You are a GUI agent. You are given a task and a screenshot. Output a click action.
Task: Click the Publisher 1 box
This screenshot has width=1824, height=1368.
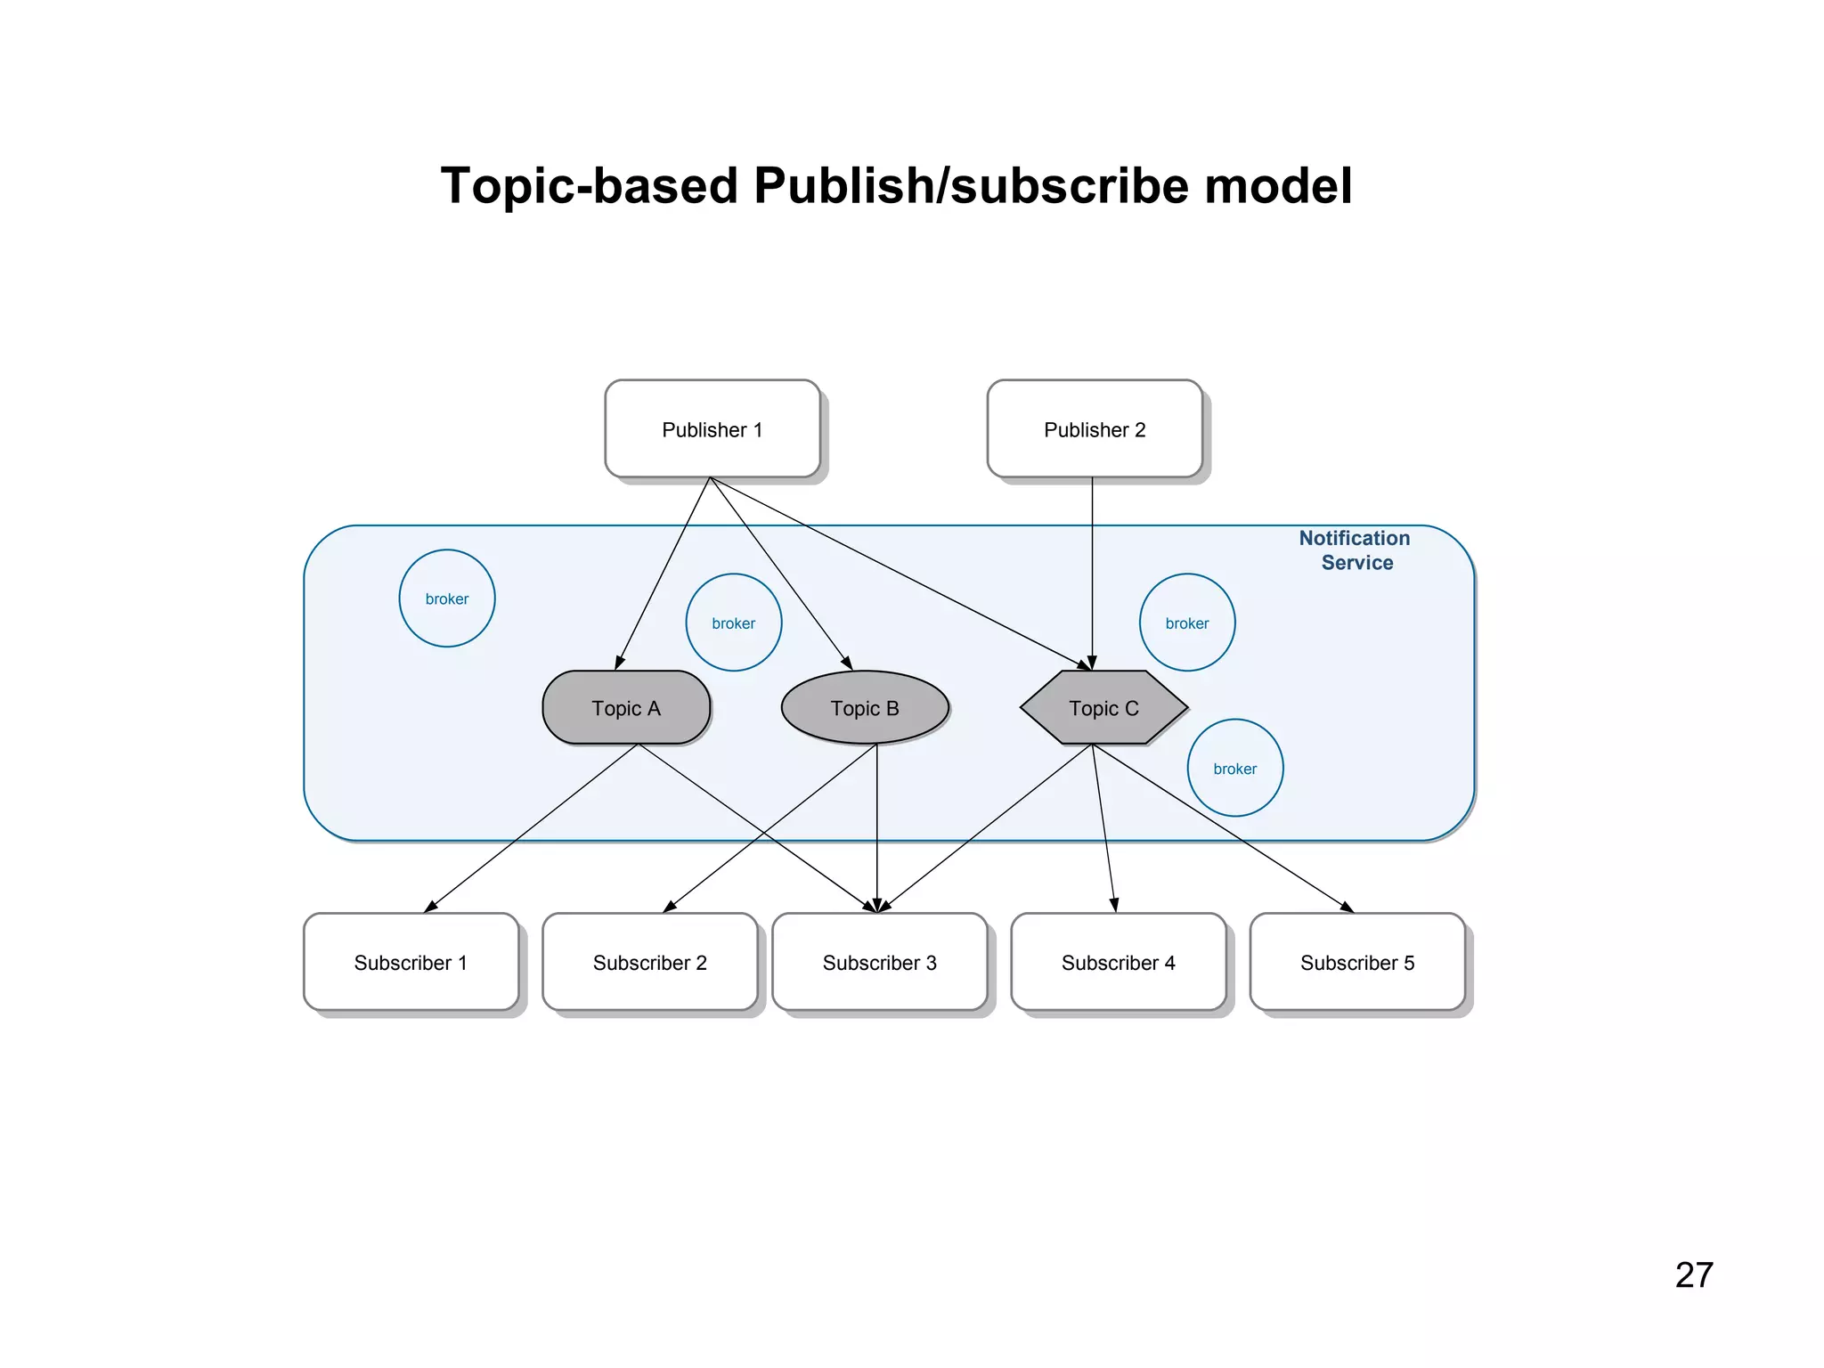[x=712, y=429]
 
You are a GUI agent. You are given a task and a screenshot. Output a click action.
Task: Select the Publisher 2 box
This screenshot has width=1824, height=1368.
[x=1095, y=429]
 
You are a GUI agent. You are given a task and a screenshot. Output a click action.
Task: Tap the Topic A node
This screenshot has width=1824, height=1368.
[x=626, y=708]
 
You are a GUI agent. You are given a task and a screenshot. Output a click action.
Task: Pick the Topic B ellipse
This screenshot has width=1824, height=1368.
[x=865, y=708]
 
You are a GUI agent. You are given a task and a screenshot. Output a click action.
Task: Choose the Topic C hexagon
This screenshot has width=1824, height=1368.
[x=1103, y=708]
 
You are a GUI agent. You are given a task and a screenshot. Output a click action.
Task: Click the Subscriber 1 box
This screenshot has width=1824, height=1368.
[x=411, y=962]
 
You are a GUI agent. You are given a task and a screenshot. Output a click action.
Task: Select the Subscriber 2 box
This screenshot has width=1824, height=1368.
[x=649, y=962]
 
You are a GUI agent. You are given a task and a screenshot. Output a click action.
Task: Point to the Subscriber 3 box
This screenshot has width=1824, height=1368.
[x=879, y=962]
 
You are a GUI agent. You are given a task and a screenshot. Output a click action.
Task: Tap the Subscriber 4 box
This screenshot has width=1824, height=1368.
[x=1118, y=962]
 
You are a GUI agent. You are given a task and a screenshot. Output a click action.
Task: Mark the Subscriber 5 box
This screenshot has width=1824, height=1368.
[x=1356, y=962]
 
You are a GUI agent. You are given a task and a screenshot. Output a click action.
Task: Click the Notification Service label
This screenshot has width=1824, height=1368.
[x=1355, y=550]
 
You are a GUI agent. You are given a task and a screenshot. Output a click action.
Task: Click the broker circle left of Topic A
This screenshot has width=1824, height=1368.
[x=446, y=598]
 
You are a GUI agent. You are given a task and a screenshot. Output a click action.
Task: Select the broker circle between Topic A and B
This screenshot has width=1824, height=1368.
[x=733, y=623]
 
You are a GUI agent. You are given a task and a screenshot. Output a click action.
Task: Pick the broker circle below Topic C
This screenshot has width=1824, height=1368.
[x=1234, y=768]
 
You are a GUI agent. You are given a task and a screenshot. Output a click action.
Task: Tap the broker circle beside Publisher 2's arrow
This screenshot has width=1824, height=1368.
[x=1186, y=623]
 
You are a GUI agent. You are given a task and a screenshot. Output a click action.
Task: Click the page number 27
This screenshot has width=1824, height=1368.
[x=1693, y=1274]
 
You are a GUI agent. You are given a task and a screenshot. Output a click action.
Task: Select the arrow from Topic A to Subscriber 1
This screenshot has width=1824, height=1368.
[x=532, y=828]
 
